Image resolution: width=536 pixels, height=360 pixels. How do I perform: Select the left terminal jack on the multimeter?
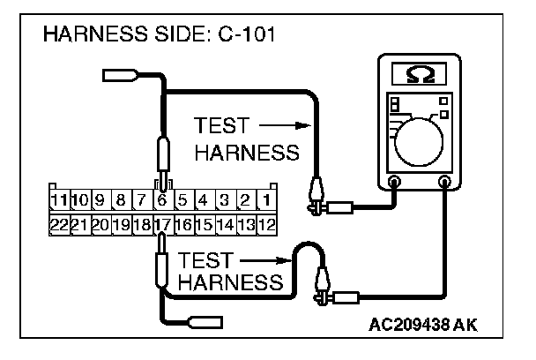click(394, 183)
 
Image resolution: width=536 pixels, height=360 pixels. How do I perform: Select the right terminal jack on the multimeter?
click(446, 183)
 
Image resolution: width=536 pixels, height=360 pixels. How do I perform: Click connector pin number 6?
click(162, 200)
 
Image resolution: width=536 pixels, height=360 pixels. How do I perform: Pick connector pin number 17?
click(162, 224)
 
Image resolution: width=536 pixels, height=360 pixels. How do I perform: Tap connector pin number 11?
click(60, 200)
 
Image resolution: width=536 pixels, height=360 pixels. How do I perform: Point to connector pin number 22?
click(60, 224)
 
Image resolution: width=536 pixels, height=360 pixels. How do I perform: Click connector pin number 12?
click(265, 224)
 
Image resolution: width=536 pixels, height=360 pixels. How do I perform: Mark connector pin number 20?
click(100, 224)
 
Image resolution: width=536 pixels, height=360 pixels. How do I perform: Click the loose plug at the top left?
click(117, 75)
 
